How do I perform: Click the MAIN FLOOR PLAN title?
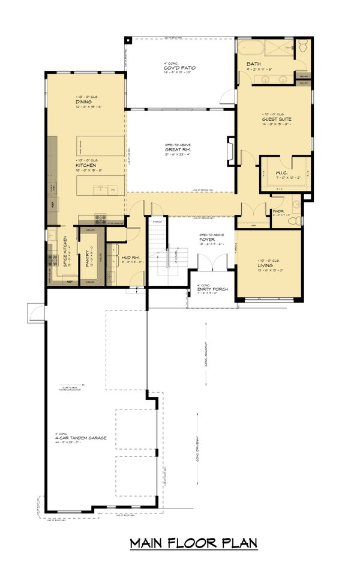194,543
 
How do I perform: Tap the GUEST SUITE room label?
276,119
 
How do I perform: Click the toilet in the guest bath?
303,46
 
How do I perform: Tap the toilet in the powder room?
293,220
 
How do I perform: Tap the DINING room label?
83,102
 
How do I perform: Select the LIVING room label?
265,265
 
